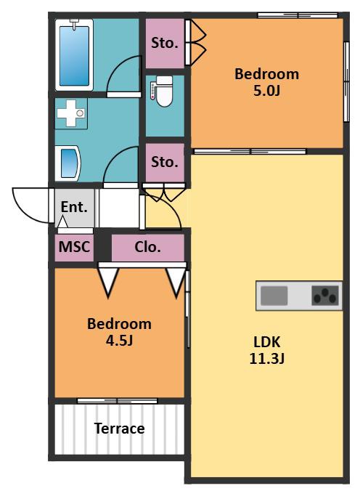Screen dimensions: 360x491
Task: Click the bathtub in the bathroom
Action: (x=74, y=55)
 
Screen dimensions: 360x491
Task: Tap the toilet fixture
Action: (x=162, y=91)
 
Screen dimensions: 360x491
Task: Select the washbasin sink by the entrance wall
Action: (x=68, y=163)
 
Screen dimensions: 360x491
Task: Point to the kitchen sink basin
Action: (x=274, y=296)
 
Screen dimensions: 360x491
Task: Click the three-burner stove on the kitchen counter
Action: (x=325, y=296)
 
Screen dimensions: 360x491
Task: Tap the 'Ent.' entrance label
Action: (x=74, y=207)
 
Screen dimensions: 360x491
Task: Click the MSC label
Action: (x=74, y=247)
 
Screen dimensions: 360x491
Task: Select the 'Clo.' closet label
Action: (x=147, y=247)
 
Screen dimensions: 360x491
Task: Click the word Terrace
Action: (x=119, y=429)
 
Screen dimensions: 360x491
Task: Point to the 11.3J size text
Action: (x=266, y=358)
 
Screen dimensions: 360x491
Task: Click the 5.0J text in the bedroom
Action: (x=266, y=91)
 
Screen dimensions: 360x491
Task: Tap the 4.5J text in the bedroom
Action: (x=119, y=340)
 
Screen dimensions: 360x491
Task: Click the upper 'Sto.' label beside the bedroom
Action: (x=165, y=43)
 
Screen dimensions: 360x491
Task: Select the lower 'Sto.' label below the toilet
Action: (x=165, y=162)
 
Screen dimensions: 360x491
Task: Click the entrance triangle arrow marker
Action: (x=63, y=222)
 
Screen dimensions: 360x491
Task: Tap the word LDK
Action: (x=266, y=342)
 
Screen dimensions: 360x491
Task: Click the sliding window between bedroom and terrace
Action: (x=117, y=401)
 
